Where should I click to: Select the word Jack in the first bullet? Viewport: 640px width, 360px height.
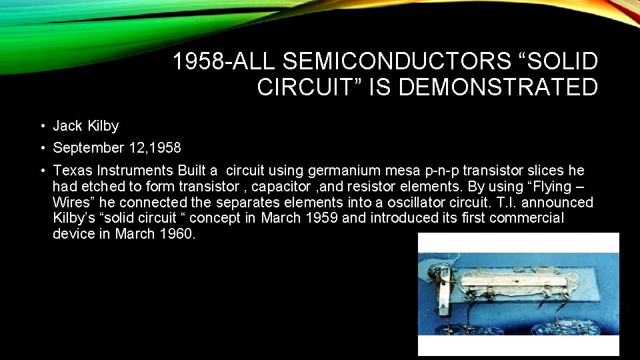(x=67, y=126)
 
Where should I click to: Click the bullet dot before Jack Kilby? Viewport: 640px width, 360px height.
(x=41, y=127)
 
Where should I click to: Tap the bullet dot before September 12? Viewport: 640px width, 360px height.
(x=41, y=148)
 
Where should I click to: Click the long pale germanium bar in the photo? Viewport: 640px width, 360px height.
(x=520, y=281)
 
